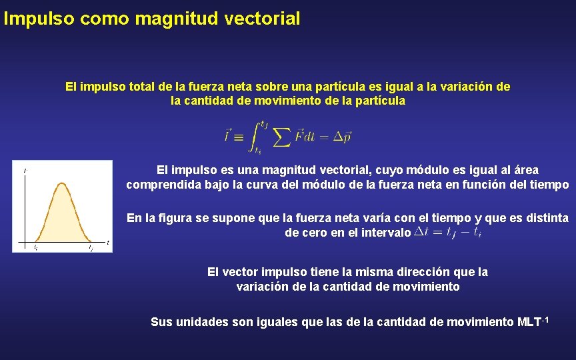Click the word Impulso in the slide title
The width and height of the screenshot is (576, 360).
(39, 19)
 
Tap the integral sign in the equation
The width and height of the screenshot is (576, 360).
(255, 136)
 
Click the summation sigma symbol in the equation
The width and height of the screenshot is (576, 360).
(282, 137)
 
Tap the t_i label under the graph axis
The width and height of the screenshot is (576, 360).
(35, 247)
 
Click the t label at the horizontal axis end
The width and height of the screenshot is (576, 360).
(108, 242)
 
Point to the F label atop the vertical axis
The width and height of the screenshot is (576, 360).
(25, 171)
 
